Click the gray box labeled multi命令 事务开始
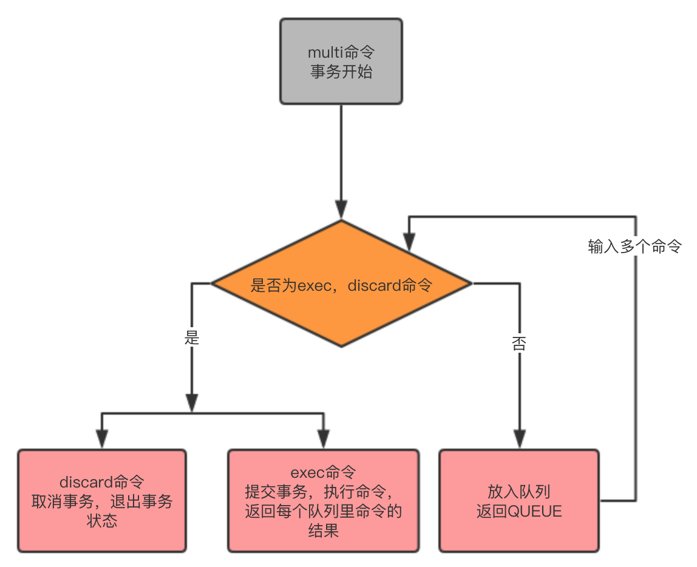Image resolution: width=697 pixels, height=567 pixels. [x=341, y=61]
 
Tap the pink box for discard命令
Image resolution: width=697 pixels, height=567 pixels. [x=101, y=501]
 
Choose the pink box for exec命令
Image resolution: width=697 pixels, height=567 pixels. [x=323, y=501]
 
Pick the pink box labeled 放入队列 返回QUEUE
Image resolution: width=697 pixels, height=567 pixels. [x=518, y=501]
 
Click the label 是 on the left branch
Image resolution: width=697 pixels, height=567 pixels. [x=192, y=338]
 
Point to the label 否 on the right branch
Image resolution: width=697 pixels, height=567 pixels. [x=519, y=344]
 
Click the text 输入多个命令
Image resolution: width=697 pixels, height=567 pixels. [x=634, y=246]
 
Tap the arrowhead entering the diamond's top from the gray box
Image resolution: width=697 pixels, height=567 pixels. [x=341, y=210]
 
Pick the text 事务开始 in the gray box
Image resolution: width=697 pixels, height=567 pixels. [x=341, y=72]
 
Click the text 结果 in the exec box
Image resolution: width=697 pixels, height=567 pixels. [x=323, y=532]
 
